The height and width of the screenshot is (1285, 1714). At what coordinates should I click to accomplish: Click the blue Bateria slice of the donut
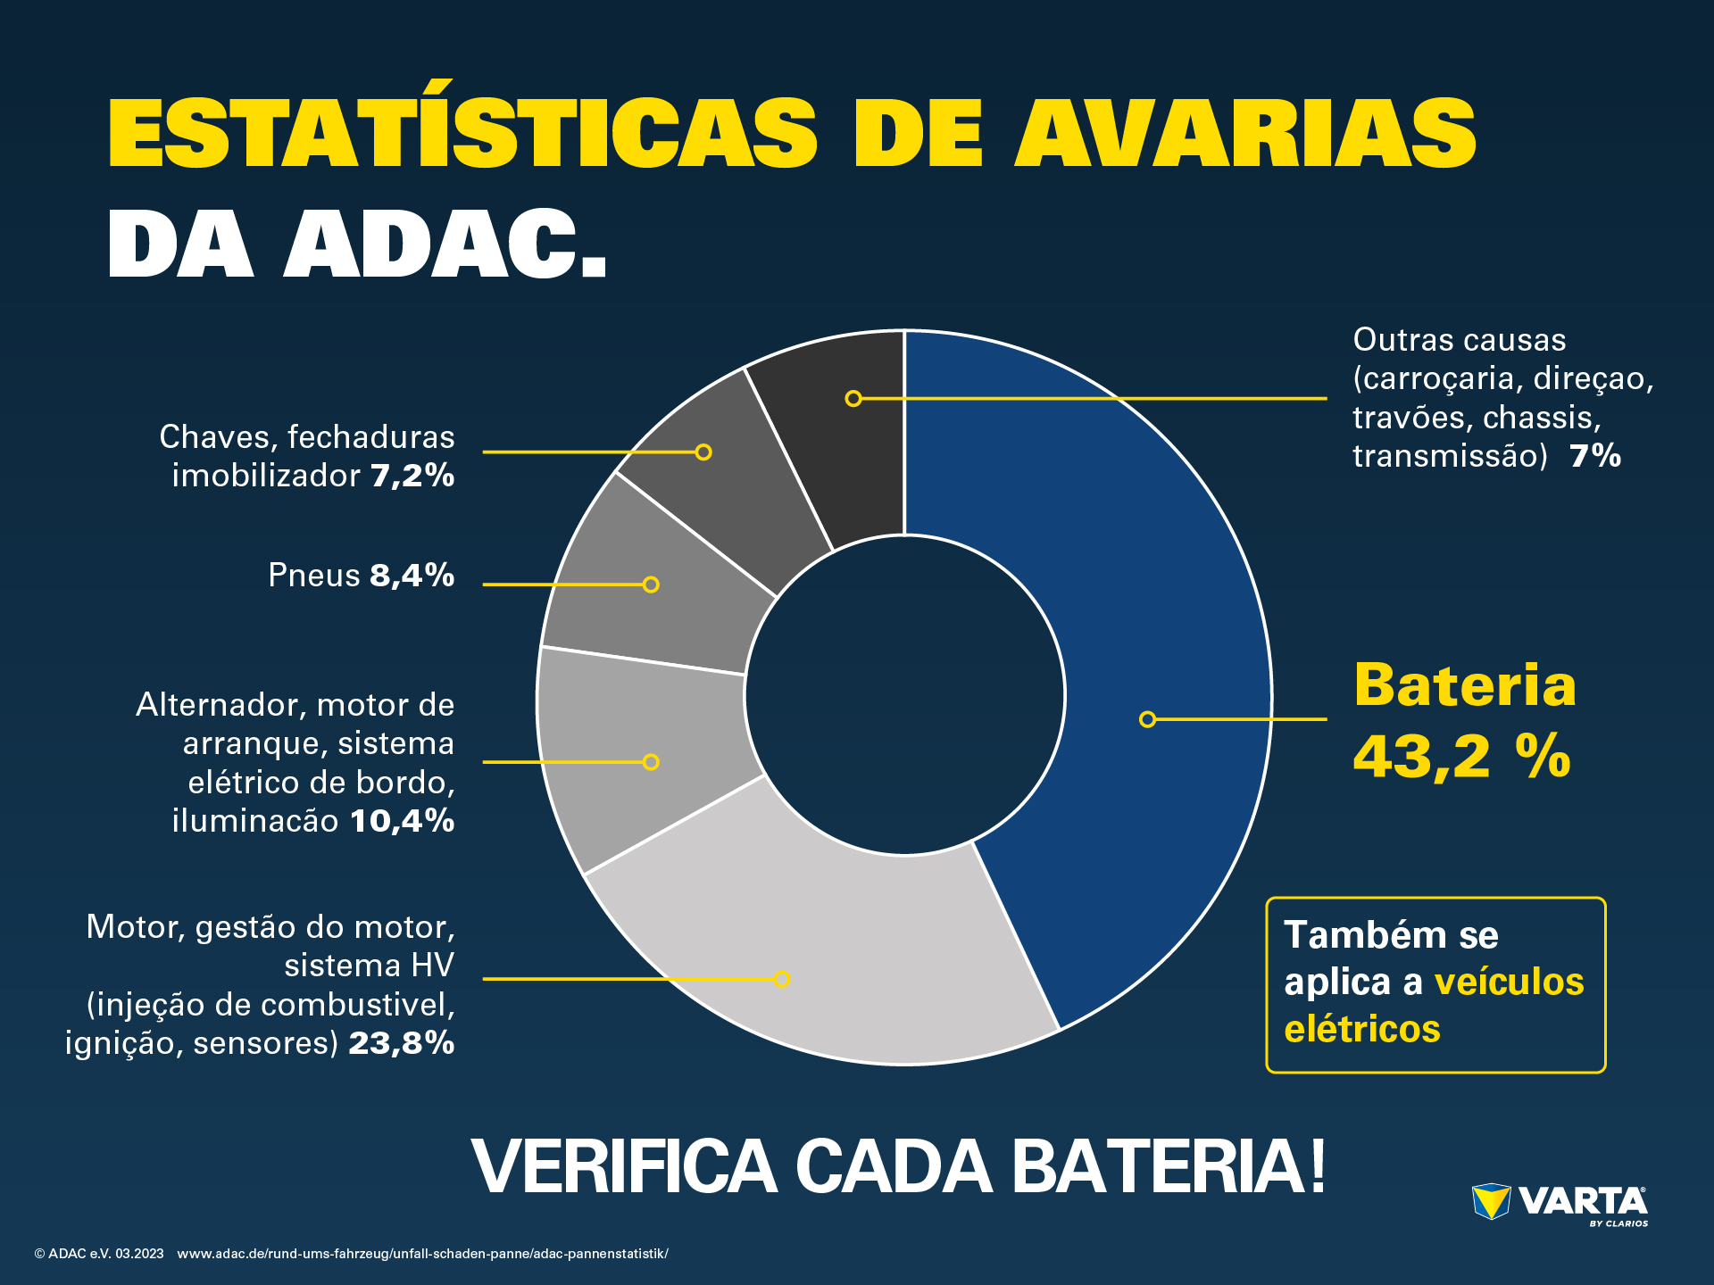pyautogui.click(x=1161, y=625)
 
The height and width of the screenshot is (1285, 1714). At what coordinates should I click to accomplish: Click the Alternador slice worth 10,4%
pyautogui.click(x=643, y=759)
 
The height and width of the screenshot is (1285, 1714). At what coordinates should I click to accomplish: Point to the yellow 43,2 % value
pyautogui.click(x=1461, y=757)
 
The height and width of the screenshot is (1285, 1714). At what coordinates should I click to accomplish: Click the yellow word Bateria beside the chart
pyautogui.click(x=1465, y=685)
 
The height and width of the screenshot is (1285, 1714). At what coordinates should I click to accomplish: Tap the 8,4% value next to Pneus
pyautogui.click(x=412, y=576)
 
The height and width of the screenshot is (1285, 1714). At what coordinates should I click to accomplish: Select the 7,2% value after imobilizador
pyautogui.click(x=412, y=476)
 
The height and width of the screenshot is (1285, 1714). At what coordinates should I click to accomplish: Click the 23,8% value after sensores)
pyautogui.click(x=401, y=1042)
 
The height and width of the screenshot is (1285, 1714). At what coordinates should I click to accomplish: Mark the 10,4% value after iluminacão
pyautogui.click(x=402, y=821)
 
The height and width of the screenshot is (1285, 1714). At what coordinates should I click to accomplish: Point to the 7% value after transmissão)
pyautogui.click(x=1595, y=456)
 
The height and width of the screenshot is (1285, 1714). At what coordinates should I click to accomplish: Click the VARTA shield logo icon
pyautogui.click(x=1491, y=1201)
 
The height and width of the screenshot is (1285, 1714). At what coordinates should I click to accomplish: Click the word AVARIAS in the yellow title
pyautogui.click(x=1245, y=133)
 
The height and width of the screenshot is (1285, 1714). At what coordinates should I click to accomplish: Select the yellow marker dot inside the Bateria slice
pyautogui.click(x=1148, y=719)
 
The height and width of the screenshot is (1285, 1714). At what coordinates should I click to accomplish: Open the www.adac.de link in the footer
pyautogui.click(x=422, y=1254)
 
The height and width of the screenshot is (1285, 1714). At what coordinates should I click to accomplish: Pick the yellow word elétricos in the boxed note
pyautogui.click(x=1362, y=1029)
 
